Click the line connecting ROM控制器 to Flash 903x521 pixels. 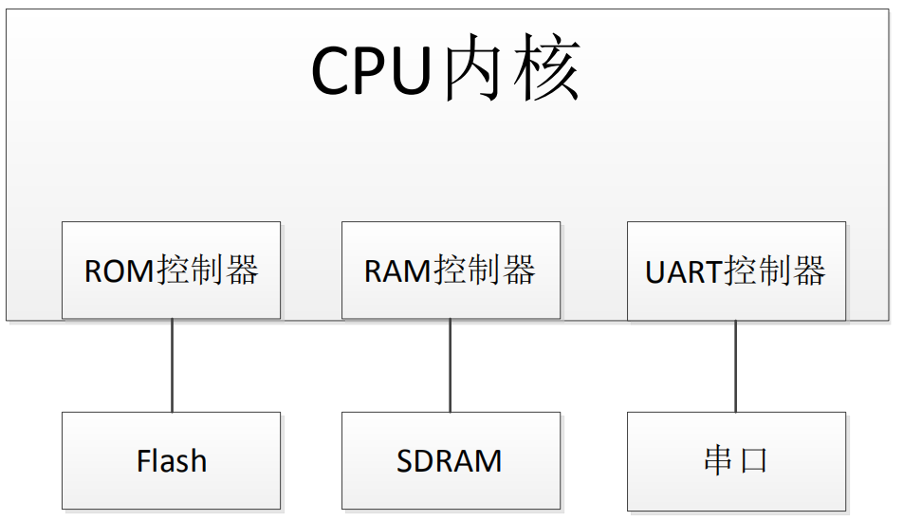[x=172, y=365]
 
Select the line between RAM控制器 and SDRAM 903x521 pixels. [x=451, y=365]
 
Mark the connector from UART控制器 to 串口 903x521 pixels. [x=736, y=365]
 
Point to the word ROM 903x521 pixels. [x=120, y=271]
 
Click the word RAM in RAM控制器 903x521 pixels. [x=398, y=271]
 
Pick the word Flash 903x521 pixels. [x=172, y=461]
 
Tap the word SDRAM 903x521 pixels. [x=450, y=461]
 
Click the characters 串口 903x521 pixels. [x=736, y=460]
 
